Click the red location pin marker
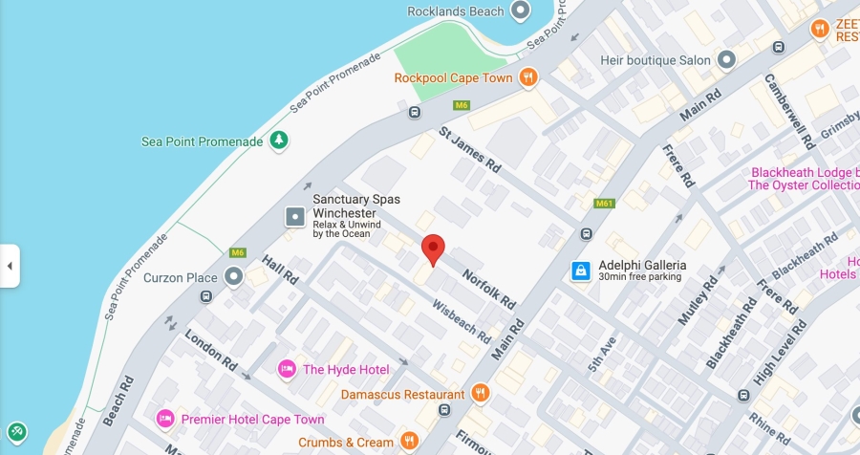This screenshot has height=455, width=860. tap(433, 249)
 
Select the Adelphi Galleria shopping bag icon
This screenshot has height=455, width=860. tap(580, 271)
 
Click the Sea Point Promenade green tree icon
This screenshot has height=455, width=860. tap(278, 141)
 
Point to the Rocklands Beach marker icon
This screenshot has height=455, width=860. tap(521, 11)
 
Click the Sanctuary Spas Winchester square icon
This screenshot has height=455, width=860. tap(295, 217)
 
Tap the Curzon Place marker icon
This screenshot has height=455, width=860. tap(234, 278)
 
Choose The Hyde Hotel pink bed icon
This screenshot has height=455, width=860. tap(286, 369)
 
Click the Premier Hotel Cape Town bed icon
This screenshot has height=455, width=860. tap(165, 419)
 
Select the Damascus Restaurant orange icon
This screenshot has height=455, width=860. tap(481, 393)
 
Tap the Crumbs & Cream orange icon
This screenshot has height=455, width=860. tap(410, 442)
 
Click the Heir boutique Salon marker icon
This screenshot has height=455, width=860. tap(726, 60)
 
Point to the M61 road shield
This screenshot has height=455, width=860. tap(604, 204)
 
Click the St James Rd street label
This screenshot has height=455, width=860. tap(470, 149)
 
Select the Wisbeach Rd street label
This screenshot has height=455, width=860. tap(462, 322)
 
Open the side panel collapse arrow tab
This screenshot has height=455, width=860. tap(10, 266)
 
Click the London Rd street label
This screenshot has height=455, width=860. tap(211, 350)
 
